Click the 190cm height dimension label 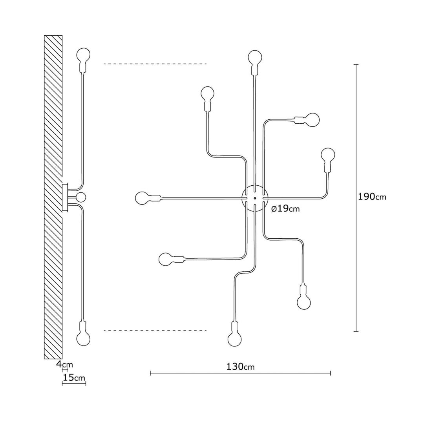[x=372, y=197]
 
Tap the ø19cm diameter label [x=285, y=209]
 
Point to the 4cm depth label [x=64, y=364]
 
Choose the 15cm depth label [x=74, y=377]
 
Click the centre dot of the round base [x=255, y=198]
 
